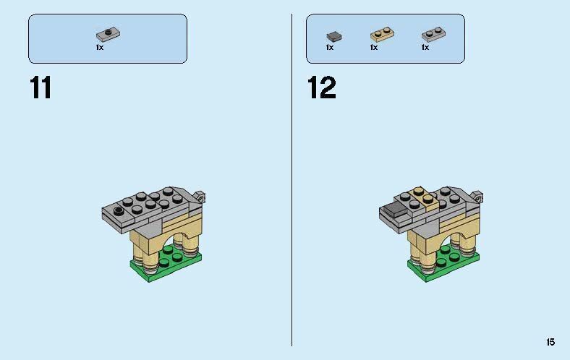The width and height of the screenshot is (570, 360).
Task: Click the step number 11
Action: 41,87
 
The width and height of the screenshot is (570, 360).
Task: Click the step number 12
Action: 321,87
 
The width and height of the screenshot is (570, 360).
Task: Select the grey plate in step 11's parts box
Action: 107,34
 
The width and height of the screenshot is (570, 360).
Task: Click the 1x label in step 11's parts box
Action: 100,48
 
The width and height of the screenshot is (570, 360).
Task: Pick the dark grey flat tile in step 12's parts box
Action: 333,35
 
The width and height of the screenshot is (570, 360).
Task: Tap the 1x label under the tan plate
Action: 373,48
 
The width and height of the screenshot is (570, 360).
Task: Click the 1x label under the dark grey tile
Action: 329,48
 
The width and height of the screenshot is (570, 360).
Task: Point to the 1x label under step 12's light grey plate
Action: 425,48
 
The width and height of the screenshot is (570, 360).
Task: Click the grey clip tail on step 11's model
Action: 202,195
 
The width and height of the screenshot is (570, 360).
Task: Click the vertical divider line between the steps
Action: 292,181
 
